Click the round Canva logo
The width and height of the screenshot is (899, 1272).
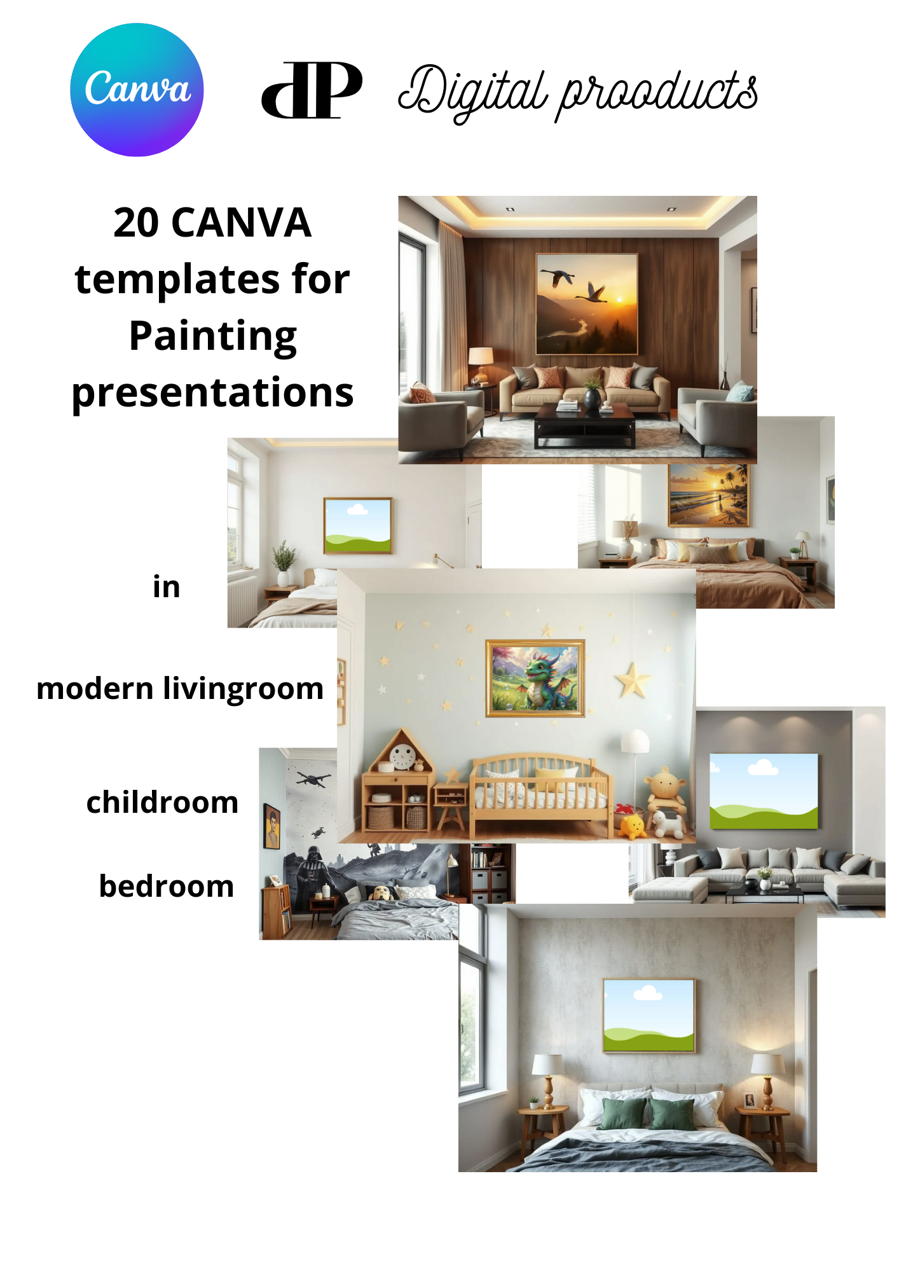[137, 90]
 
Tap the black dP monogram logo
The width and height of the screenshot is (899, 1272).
[312, 90]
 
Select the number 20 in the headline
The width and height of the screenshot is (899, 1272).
[136, 223]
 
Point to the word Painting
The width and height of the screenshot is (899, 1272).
[213, 336]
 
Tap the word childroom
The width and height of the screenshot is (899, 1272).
[162, 803]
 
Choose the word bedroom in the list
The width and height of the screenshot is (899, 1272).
[167, 887]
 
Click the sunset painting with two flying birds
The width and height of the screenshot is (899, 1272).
[587, 304]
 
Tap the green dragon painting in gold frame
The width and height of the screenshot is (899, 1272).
[535, 678]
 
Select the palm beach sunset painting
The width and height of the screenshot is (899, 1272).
[709, 495]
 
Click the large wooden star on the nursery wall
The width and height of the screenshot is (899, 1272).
[633, 680]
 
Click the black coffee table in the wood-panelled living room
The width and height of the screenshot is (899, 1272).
[584, 425]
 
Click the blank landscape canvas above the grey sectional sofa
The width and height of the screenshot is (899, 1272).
[764, 791]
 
